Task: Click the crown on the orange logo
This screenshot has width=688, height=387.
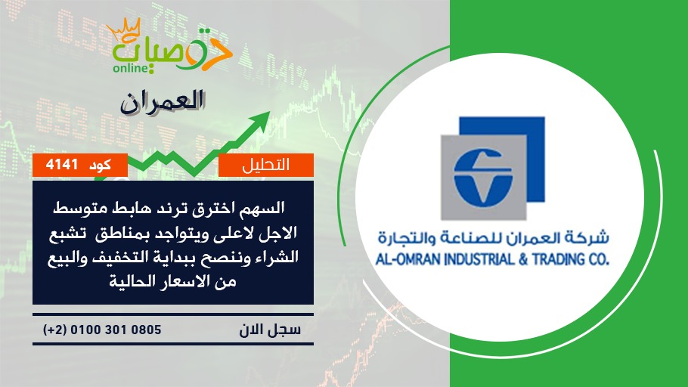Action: tap(124, 29)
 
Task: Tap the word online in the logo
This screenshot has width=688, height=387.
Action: tap(131, 69)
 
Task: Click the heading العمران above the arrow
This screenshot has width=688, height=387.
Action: tap(163, 102)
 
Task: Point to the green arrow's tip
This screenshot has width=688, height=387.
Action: tap(269, 113)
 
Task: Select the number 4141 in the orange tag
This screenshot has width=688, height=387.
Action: tap(61, 165)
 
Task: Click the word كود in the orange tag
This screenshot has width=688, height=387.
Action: tap(100, 166)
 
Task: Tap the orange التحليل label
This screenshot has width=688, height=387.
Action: tap(266, 165)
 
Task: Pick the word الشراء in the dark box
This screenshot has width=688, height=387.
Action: tap(279, 257)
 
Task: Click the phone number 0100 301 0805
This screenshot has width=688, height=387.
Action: tap(116, 330)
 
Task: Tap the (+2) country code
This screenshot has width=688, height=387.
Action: tap(55, 330)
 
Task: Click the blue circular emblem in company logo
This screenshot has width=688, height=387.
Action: tap(483, 178)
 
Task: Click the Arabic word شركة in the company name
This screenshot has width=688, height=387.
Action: tap(590, 238)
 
